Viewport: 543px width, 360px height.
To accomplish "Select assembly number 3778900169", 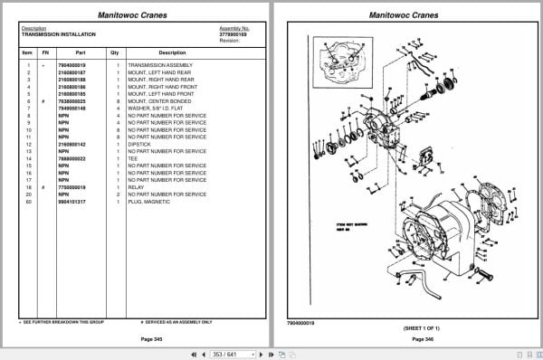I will pos(233,34).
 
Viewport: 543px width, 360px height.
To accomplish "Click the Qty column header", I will pos(114,52).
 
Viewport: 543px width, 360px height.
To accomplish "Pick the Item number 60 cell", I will pos(29,201).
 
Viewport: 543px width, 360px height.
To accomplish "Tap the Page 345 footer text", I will pos(139,338).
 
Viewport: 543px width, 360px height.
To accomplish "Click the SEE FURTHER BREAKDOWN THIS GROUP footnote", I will pos(60,321).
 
